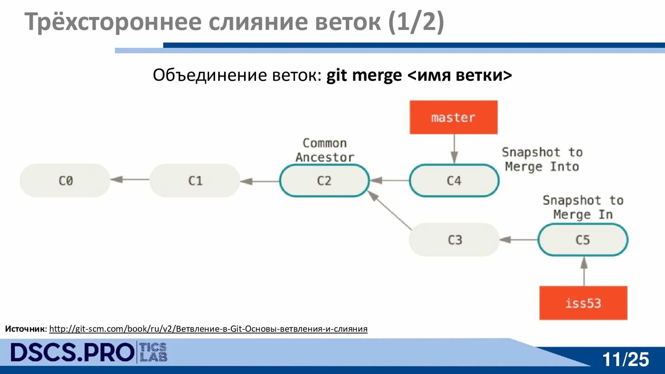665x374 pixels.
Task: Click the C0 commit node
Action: pyautogui.click(x=65, y=180)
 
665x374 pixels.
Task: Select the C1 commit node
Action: pyautogui.click(x=195, y=180)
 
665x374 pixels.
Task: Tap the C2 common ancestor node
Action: pyautogui.click(x=324, y=180)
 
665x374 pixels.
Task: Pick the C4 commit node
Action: pyautogui.click(x=454, y=180)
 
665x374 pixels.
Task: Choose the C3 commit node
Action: pyautogui.click(x=454, y=240)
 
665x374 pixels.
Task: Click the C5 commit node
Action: pyautogui.click(x=583, y=240)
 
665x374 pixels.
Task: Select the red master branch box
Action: pyautogui.click(x=453, y=117)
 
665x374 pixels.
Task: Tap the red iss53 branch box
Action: pyautogui.click(x=583, y=303)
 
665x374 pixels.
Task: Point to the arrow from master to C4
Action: pyautogui.click(x=454, y=149)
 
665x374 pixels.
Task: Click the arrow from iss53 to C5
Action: pyautogui.click(x=584, y=271)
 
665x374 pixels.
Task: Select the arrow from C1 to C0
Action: pyautogui.click(x=130, y=179)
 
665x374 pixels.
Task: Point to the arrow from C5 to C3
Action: pyautogui.click(x=518, y=240)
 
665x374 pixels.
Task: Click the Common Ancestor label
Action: pyautogui.click(x=325, y=150)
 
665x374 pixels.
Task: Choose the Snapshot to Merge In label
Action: pyautogui.click(x=583, y=207)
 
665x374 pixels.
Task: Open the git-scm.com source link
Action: pyautogui.click(x=208, y=329)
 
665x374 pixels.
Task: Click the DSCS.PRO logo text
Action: pyautogui.click(x=72, y=353)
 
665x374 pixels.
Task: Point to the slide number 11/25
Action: pyautogui.click(x=625, y=359)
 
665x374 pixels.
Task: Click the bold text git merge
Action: pyautogui.click(x=364, y=75)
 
